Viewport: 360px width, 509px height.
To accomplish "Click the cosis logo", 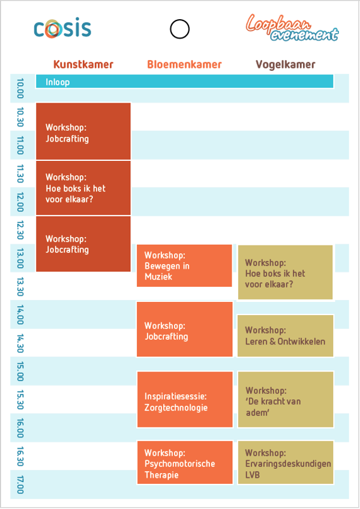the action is click(x=62, y=28).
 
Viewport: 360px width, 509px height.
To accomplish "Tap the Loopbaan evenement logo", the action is click(x=292, y=28).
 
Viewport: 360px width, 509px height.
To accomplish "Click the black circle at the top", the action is click(x=179, y=29).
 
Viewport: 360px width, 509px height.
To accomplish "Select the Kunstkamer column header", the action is click(x=83, y=64).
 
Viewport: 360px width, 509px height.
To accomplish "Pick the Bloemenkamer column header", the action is click(x=184, y=64).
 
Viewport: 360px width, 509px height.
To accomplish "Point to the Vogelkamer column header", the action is click(x=286, y=64).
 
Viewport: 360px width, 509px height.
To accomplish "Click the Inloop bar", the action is click(x=184, y=81).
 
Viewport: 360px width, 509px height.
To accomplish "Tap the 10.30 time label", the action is click(x=20, y=117).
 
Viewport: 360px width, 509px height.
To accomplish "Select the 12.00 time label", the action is click(x=20, y=202).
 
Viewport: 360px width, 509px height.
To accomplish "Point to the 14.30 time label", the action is click(x=20, y=343).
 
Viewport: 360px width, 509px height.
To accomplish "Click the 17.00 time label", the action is click(x=20, y=484).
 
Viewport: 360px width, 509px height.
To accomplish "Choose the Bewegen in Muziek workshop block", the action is click(x=184, y=266).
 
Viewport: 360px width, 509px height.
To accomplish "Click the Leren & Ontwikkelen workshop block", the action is click(x=286, y=336).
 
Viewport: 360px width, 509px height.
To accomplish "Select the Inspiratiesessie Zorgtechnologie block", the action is click(x=185, y=399).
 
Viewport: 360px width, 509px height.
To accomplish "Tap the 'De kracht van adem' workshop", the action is click(x=286, y=399).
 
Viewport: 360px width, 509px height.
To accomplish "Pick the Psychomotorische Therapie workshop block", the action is click(x=185, y=463).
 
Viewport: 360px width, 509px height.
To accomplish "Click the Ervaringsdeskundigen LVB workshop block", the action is click(x=286, y=463).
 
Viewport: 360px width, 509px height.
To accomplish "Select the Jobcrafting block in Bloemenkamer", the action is click(x=184, y=329).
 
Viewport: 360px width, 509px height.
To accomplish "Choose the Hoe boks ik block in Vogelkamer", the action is click(x=286, y=272).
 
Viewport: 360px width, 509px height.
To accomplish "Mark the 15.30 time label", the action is click(x=20, y=400).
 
